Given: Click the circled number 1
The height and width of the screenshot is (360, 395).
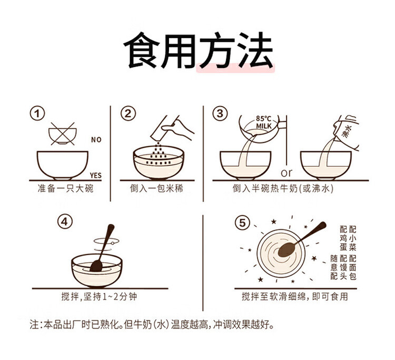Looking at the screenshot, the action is pos(37,113).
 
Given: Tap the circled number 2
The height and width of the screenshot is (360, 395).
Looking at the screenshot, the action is pos(128,113).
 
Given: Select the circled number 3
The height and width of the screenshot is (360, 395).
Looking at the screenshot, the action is pos(220,113).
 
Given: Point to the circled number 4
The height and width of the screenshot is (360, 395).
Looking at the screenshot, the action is pos(65,222).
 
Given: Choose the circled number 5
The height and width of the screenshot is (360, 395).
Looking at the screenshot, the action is pos(242,223).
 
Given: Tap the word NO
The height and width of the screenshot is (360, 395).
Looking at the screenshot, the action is pos(96,140).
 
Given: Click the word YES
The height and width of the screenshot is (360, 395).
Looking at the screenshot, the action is pos(95,176).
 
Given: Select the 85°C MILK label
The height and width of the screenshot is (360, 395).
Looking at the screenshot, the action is pos(263,122).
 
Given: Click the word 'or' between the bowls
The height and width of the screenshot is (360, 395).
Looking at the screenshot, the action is pos(287,173).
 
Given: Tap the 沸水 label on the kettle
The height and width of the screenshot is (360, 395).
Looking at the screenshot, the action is pos(347,131).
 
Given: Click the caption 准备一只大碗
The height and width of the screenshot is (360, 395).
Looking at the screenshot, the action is pos(65,189).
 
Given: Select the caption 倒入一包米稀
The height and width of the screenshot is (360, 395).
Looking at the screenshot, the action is pos(156,189).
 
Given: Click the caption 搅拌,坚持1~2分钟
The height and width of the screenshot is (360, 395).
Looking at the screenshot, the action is pos(99,296).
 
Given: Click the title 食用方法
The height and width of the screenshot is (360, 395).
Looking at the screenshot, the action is pos(198,51).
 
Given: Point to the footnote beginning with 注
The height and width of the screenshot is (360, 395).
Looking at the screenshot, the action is pos(152,325).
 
